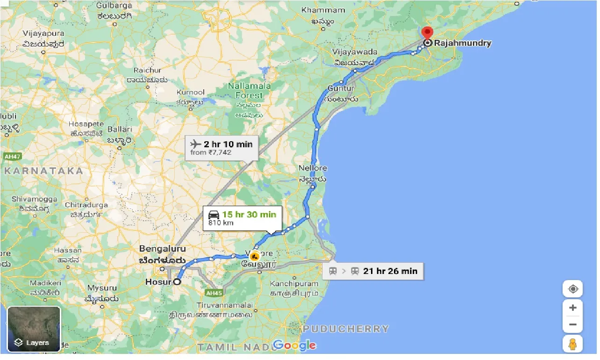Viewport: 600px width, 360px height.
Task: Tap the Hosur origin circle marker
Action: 177,282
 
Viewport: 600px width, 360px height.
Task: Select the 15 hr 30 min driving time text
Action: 249,215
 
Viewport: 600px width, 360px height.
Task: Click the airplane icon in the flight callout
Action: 196,144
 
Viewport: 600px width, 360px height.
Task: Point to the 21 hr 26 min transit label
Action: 390,271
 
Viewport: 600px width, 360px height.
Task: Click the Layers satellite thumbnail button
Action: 34,329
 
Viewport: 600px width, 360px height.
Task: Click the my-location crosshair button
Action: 573,289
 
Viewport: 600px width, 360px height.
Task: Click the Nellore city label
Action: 313,168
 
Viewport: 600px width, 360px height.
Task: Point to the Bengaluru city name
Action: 162,249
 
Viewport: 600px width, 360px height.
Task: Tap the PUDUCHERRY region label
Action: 346,329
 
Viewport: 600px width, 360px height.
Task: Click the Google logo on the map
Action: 294,345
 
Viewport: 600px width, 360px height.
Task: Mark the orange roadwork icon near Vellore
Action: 255,256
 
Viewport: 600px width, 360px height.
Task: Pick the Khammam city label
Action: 323,10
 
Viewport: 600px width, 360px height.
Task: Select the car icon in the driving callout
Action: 214,215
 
